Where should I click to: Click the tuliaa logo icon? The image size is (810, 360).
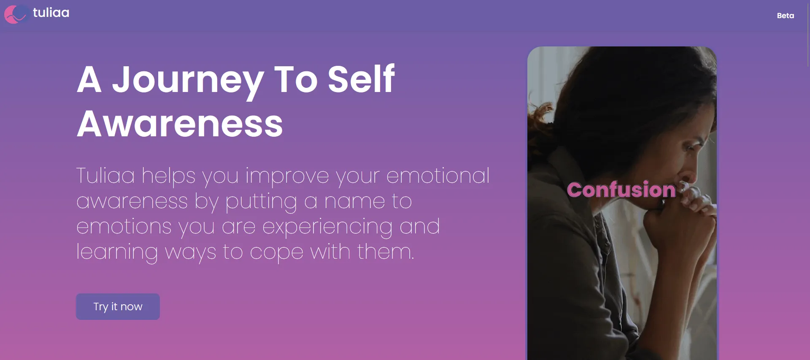[x=16, y=14]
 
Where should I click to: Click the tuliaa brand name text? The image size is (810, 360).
[x=51, y=13]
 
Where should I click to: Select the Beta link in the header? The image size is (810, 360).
[x=785, y=16]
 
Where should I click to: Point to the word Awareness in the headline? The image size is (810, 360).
[x=180, y=124]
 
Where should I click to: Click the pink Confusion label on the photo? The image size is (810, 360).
[x=621, y=189]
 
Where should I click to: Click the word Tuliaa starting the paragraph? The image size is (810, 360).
[x=105, y=176]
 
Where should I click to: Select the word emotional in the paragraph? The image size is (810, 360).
[x=438, y=176]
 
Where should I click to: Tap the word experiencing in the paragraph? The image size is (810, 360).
[x=327, y=227]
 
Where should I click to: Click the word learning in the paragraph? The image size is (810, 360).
[x=117, y=252]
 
